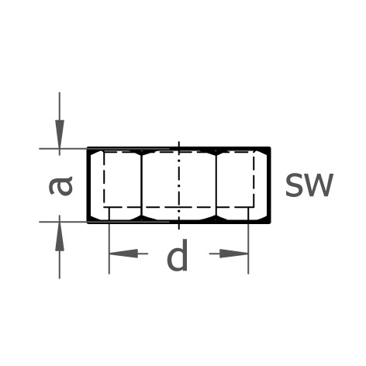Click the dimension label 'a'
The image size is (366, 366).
60,185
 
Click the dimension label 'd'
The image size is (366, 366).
178,255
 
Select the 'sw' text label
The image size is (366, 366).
309,185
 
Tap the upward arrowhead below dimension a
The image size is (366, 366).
60,237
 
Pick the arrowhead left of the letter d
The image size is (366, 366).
124,254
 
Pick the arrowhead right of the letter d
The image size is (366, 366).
233,254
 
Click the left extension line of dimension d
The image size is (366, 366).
109,240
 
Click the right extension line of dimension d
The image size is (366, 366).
248,240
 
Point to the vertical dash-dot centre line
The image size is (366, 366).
178,185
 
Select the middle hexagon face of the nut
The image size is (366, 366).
179,185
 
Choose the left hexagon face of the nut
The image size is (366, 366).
116,185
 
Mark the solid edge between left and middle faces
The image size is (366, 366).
142,185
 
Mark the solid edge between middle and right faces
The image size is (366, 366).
216,185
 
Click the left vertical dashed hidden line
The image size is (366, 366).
104,179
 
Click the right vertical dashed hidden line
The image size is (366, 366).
254,179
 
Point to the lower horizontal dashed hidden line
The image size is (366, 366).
179,207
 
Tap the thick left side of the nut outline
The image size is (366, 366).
88,185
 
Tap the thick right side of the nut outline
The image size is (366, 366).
270,185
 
